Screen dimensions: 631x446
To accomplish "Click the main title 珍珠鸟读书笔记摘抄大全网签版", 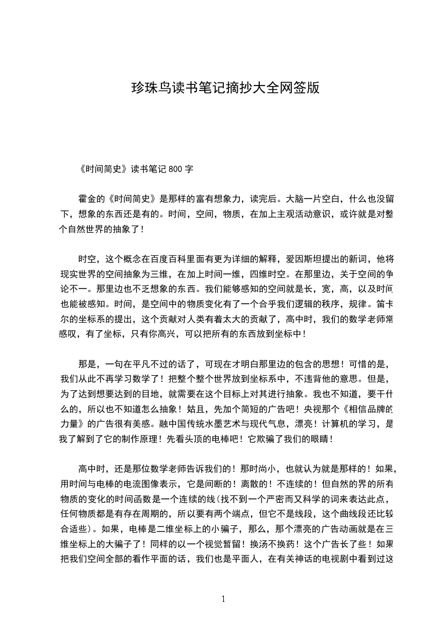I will (225, 88).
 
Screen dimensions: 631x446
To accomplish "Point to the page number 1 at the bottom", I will (223, 599).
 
